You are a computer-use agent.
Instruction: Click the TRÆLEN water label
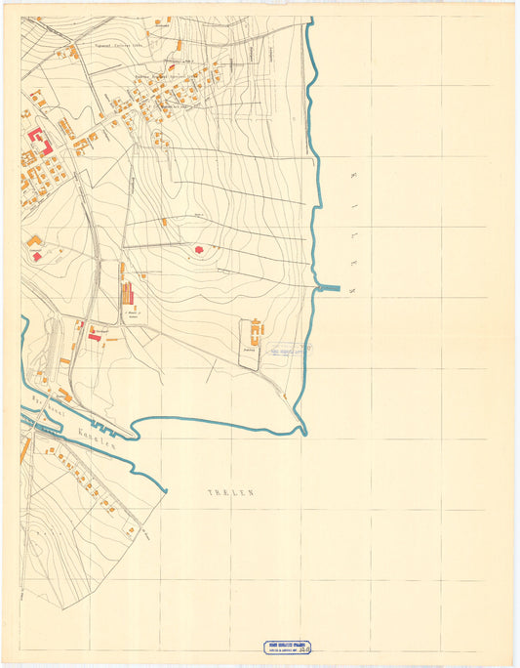(230, 494)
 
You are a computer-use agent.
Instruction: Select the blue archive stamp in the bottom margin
(289, 647)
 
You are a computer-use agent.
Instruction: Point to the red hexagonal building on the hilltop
(199, 251)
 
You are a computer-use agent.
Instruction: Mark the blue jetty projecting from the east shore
(330, 288)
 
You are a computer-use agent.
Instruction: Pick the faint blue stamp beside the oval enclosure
(290, 350)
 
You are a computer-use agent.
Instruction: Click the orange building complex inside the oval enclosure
(256, 329)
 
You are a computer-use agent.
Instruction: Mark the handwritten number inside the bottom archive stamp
(309, 648)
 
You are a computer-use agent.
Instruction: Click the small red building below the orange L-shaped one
(37, 257)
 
